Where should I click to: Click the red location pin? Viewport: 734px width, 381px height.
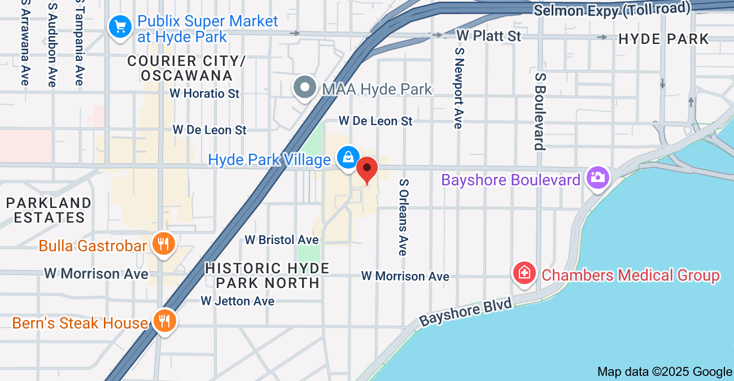[368, 170]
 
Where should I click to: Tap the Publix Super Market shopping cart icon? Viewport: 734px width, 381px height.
[120, 27]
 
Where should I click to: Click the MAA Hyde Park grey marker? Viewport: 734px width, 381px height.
[305, 88]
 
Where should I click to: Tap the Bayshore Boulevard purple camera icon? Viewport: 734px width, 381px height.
[597, 178]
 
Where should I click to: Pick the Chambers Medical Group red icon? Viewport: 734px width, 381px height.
[525, 273]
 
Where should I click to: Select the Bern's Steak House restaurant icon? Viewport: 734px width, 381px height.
[164, 322]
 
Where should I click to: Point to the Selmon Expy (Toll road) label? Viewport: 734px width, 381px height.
[612, 9]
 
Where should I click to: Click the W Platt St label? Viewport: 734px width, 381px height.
[488, 36]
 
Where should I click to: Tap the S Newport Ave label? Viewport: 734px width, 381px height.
[458, 87]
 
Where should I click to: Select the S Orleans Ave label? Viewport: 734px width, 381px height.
[403, 217]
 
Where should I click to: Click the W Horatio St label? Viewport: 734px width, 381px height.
[205, 93]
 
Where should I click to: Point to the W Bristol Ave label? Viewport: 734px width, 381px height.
[278, 240]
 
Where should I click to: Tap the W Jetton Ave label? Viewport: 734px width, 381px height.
[238, 301]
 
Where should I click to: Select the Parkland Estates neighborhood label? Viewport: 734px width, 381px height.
[49, 210]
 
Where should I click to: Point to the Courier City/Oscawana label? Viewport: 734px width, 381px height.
[186, 68]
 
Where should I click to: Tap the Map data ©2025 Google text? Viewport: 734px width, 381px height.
[665, 371]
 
